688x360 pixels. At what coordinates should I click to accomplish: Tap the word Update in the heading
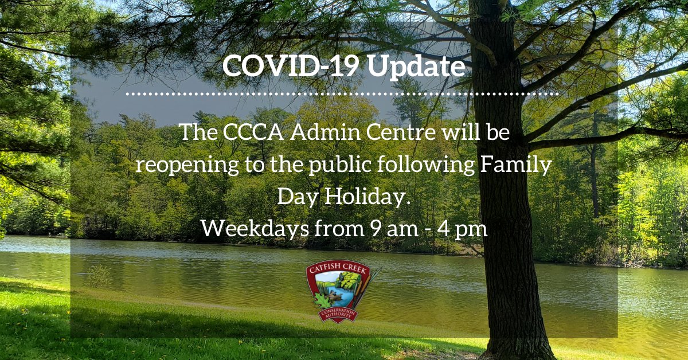(x=416, y=67)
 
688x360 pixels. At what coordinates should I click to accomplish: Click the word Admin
(x=319, y=133)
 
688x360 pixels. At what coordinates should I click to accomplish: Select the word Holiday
(x=368, y=197)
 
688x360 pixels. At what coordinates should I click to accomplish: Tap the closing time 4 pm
(x=459, y=229)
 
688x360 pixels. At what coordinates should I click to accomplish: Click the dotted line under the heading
(x=342, y=92)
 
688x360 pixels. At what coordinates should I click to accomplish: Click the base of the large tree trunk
(x=518, y=344)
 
